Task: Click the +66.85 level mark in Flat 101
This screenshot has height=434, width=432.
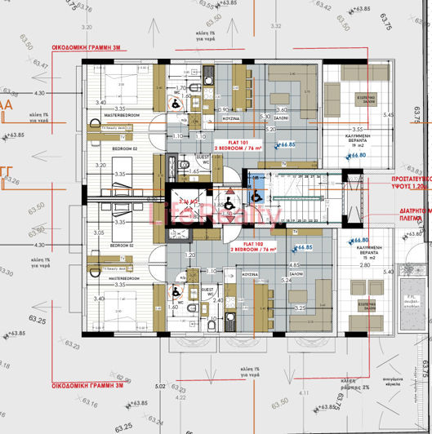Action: tap(285, 145)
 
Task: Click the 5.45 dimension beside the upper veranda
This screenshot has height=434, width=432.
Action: tap(389, 115)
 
